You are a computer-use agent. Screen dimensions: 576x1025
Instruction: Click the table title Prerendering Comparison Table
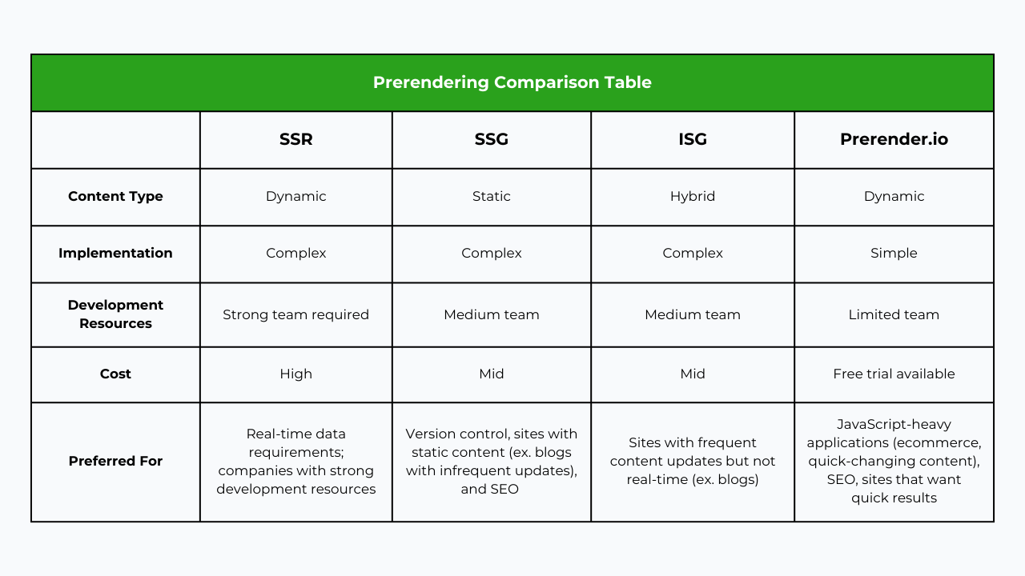[512, 82]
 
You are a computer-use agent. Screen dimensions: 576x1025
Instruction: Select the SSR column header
[295, 139]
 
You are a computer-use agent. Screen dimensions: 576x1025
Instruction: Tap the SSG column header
[491, 139]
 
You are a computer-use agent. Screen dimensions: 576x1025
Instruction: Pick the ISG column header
[692, 139]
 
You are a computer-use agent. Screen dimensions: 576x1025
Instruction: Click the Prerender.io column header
[894, 139]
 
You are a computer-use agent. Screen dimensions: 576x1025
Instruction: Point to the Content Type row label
[115, 196]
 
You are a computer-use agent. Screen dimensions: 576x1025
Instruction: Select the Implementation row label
[115, 253]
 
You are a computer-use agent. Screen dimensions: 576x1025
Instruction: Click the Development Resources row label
[115, 314]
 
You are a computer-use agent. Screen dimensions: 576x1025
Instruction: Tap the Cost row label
[115, 374]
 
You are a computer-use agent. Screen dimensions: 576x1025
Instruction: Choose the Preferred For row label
[115, 461]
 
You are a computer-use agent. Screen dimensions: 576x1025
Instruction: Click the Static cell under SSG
[491, 196]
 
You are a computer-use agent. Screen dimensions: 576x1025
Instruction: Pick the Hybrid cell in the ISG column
[692, 196]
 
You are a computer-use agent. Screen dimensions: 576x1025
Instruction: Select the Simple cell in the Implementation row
[894, 253]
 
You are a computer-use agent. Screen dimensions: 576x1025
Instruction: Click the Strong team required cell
[295, 314]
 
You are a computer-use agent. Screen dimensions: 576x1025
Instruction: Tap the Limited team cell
[894, 314]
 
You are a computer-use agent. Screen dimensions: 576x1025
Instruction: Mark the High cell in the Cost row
[295, 374]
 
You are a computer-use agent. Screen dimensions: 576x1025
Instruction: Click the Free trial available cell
[894, 374]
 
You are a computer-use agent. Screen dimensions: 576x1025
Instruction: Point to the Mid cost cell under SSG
[491, 374]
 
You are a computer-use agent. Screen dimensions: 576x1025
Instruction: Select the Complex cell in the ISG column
[692, 253]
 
